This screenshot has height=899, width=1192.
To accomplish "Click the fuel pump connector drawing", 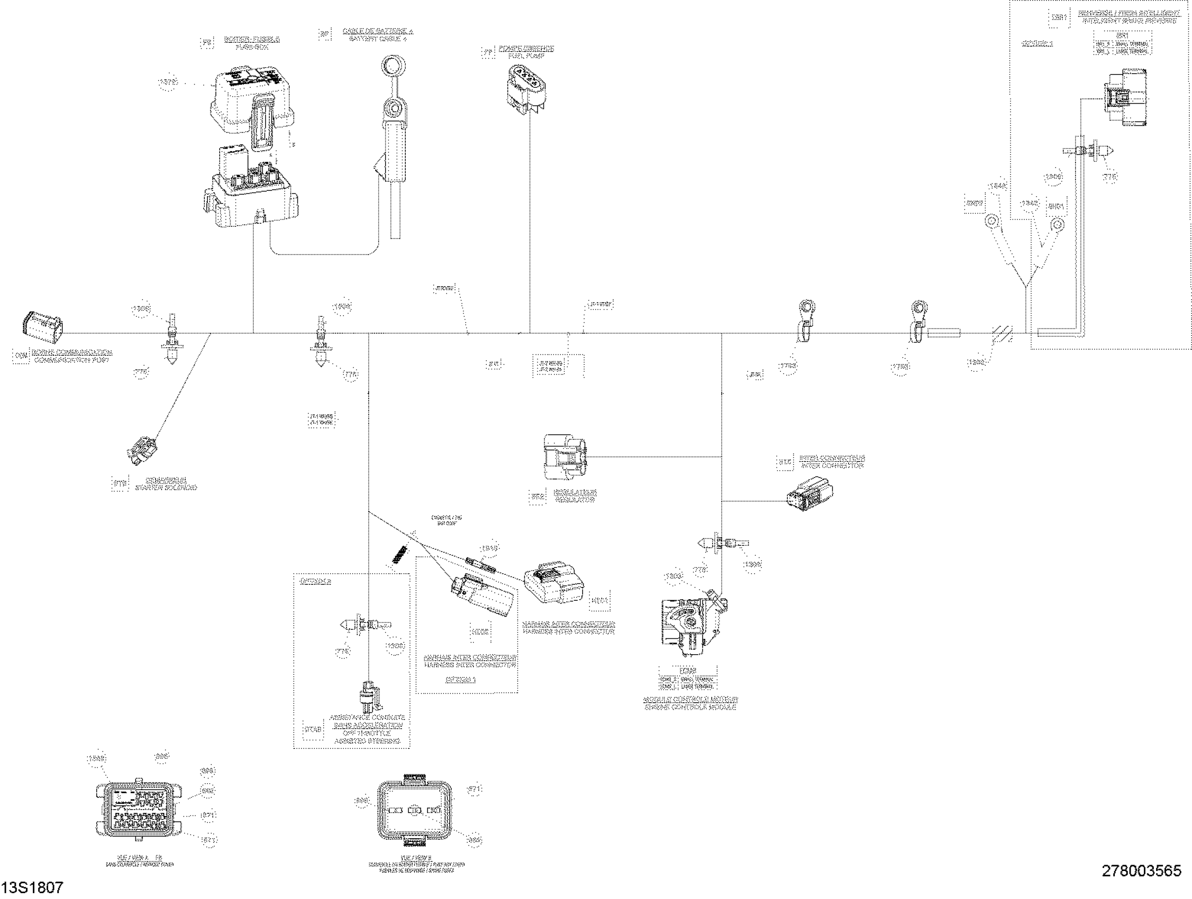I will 525,89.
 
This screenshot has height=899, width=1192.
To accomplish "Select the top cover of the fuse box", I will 251,103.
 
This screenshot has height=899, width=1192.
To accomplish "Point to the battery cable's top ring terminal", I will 393,68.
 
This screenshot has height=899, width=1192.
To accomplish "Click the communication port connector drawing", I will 42,325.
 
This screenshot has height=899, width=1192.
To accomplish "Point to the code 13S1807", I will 32,888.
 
